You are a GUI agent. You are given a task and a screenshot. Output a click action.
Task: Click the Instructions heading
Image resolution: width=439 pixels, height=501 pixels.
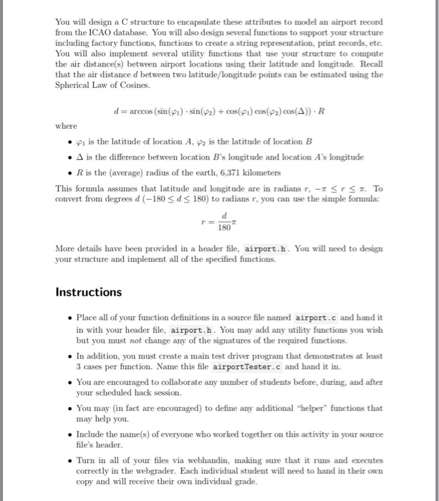pyautogui.click(x=89, y=292)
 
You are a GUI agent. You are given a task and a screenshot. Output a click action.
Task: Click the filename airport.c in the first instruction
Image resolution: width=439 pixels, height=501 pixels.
pyautogui.click(x=324, y=317)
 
